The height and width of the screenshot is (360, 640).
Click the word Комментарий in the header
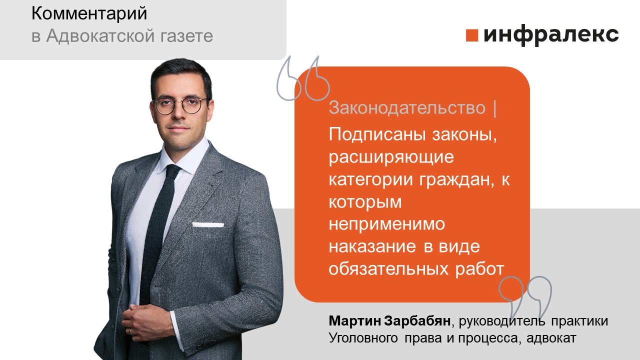point(89,14)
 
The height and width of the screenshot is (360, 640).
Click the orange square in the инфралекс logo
point(472,35)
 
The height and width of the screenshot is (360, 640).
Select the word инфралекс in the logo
point(551,35)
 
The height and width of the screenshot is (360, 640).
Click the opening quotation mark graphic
point(302,79)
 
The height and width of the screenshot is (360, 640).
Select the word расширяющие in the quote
point(391,157)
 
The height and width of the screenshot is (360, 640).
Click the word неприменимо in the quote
point(386,224)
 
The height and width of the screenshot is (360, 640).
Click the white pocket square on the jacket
point(208,224)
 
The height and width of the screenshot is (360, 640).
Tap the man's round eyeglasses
point(180,105)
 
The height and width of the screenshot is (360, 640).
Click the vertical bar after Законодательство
point(495,108)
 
